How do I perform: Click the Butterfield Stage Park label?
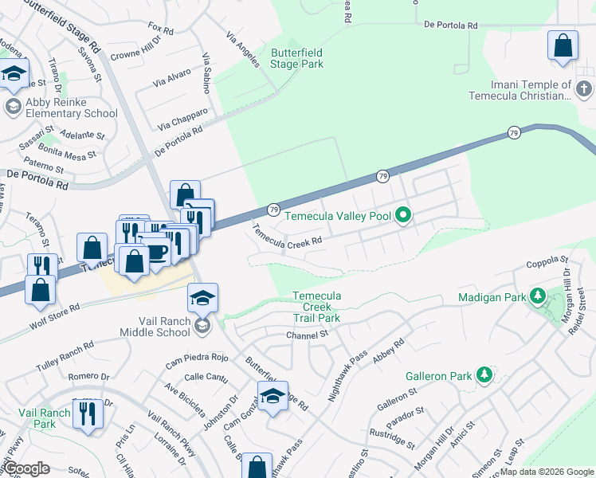pos(297,58)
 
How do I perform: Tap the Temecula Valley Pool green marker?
pos(403,215)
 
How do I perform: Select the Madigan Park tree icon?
pos(537,297)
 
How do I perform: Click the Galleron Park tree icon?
pos(483,374)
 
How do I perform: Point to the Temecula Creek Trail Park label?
pos(316,307)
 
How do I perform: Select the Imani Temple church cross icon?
pos(583,89)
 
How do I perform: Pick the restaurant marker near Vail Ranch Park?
pos(88,413)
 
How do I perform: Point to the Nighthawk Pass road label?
pos(348,366)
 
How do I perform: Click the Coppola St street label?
pos(547,260)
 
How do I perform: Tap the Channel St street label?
pos(308,335)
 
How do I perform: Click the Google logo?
pos(27,468)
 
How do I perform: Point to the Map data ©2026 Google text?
pos(546,472)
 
